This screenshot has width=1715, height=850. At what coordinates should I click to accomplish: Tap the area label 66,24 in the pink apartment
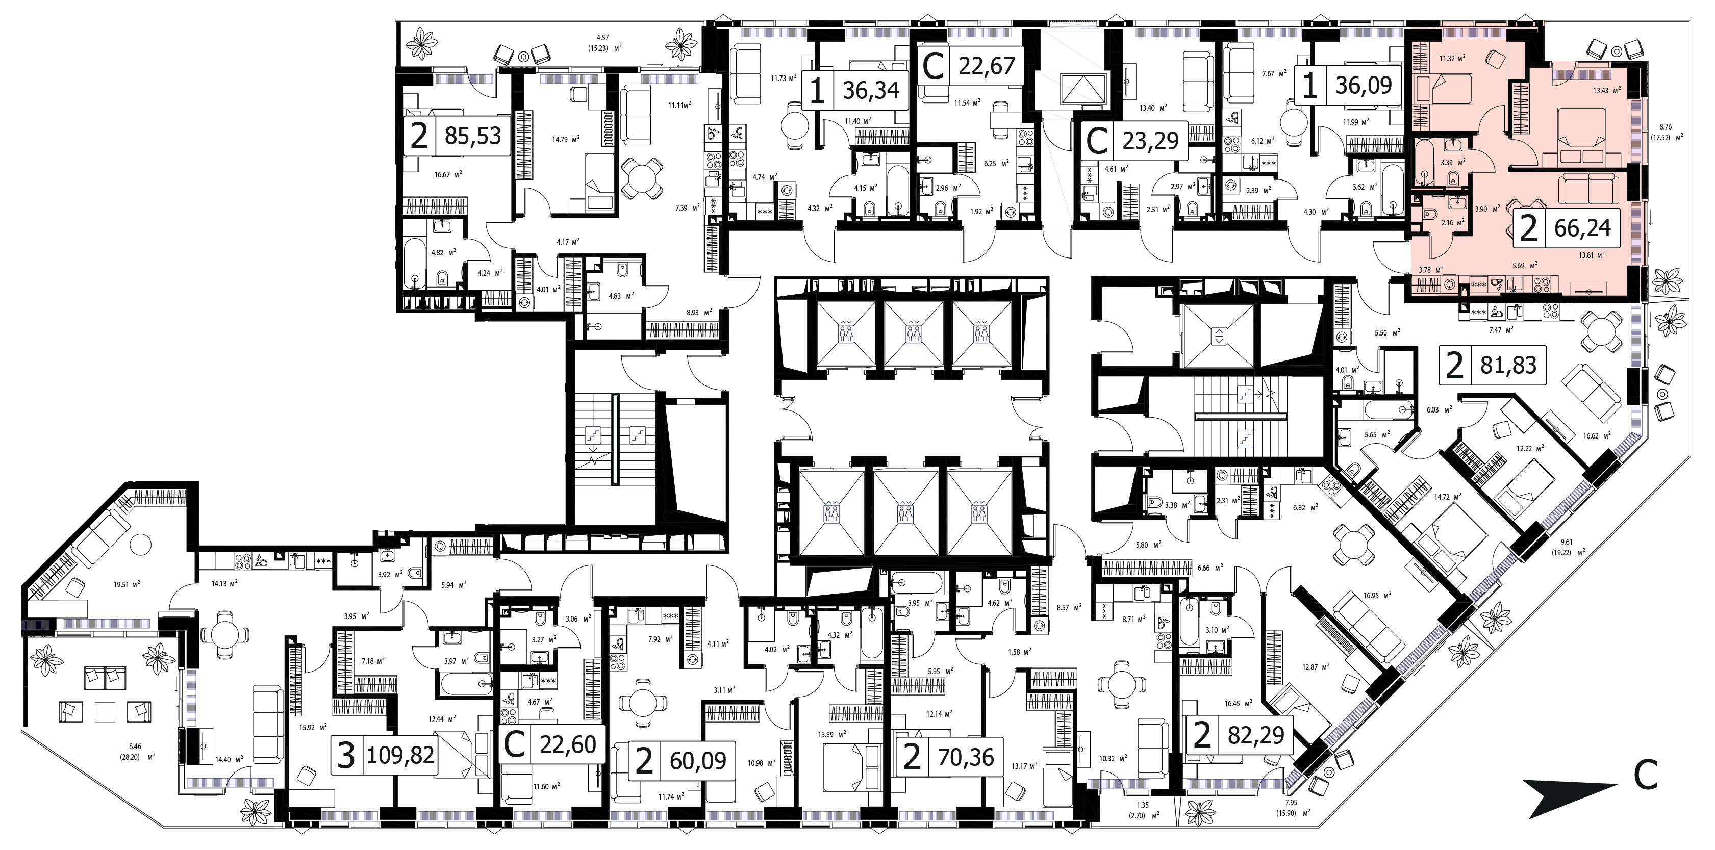coord(1582,228)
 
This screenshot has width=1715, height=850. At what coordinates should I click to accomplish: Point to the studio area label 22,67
coord(987,65)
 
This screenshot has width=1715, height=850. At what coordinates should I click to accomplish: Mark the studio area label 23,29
coord(1150,140)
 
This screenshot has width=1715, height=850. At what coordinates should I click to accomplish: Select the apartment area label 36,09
coord(1364,87)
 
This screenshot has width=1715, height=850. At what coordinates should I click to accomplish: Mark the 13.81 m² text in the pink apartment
coord(1588,253)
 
